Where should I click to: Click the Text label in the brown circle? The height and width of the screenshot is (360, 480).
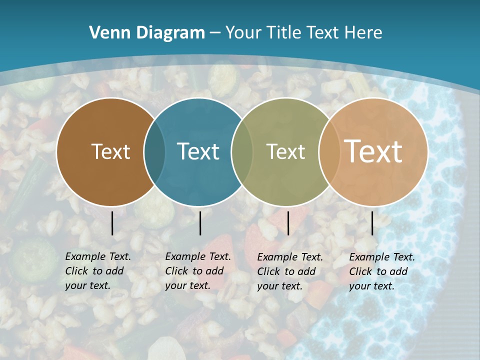(110, 151)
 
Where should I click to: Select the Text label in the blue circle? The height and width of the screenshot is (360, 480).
(198, 151)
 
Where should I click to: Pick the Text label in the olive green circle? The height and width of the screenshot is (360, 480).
(285, 151)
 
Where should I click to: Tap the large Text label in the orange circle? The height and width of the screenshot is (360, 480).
(373, 151)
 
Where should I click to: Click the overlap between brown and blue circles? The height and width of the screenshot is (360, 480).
(154, 152)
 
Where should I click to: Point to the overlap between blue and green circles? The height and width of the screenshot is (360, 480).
(242, 152)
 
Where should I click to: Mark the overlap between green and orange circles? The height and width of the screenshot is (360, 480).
(329, 152)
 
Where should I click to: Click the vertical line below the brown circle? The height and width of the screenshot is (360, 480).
(112, 223)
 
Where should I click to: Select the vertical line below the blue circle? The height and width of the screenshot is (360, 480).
(200, 223)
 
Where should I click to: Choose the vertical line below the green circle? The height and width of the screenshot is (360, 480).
(288, 223)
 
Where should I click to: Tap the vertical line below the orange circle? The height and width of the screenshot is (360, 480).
(372, 223)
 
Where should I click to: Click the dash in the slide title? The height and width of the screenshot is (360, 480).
(215, 33)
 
